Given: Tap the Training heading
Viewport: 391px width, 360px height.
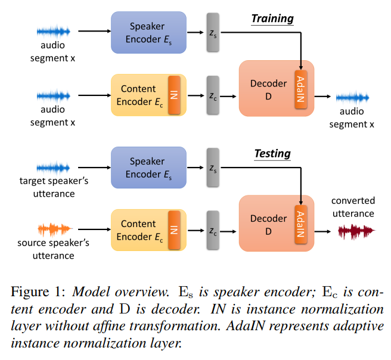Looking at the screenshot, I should [272, 18].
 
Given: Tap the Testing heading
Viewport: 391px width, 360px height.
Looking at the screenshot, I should [272, 154].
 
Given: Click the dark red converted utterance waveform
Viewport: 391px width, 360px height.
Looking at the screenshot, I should [356, 231].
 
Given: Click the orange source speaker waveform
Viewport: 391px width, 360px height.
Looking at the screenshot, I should [54, 229].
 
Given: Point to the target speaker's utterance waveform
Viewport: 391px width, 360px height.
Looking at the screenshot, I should [54, 167].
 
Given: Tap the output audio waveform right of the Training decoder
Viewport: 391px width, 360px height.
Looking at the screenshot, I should [352, 97].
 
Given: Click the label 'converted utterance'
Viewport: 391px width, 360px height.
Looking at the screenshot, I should [353, 207].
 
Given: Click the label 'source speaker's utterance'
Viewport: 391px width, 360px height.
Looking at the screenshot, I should [54, 249].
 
